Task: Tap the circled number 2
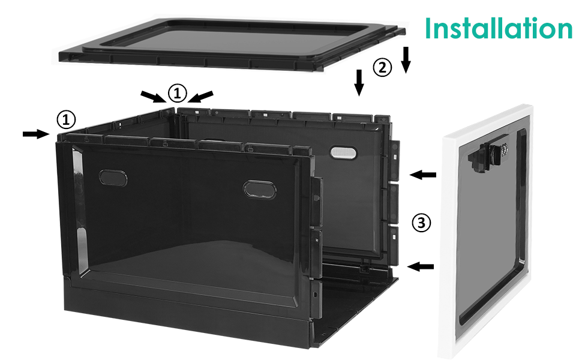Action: point(382,67)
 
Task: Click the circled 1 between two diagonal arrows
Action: point(177,93)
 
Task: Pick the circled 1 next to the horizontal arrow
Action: point(66,119)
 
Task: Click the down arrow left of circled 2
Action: point(359,82)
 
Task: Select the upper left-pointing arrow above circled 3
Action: point(423,175)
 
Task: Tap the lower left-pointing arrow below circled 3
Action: point(421,266)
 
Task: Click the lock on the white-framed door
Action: point(493,151)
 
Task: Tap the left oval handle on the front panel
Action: point(110,176)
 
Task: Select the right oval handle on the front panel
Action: point(257,188)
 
